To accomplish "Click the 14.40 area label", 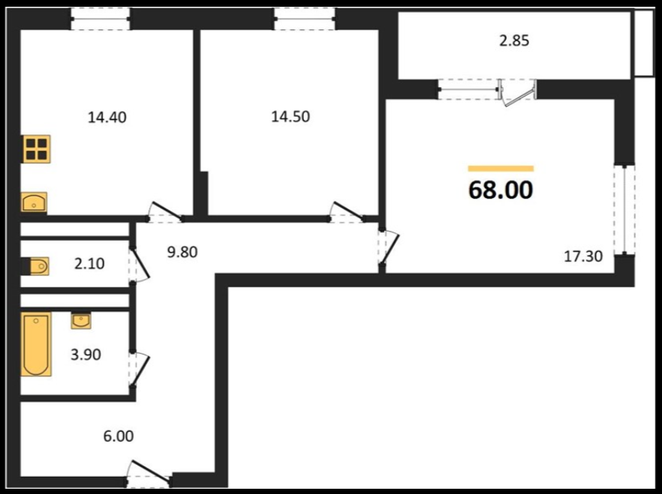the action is tap(107, 117).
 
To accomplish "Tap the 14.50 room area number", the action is tap(290, 116).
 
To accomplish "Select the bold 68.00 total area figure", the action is tap(501, 190).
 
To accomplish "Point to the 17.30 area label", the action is tap(583, 256).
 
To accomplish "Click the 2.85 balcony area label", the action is tap(514, 41).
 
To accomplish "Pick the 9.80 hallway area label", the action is tap(182, 252).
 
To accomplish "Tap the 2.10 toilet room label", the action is tap(89, 264).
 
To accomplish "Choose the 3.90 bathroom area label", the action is tap(86, 355).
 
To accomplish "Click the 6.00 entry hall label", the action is tap(119, 436).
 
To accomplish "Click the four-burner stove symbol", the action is tap(36, 148).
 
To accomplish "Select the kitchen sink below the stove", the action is tap(35, 202).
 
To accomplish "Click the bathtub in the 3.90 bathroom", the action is tap(36, 344).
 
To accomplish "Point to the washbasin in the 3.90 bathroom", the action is tap(80, 321).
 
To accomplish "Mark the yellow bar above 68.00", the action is tap(501, 169).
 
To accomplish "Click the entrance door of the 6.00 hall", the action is tap(149, 472).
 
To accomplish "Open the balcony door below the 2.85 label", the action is tap(518, 92).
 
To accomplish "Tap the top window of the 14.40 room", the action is tap(100, 19).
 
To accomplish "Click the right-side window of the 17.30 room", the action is tap(624, 209).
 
